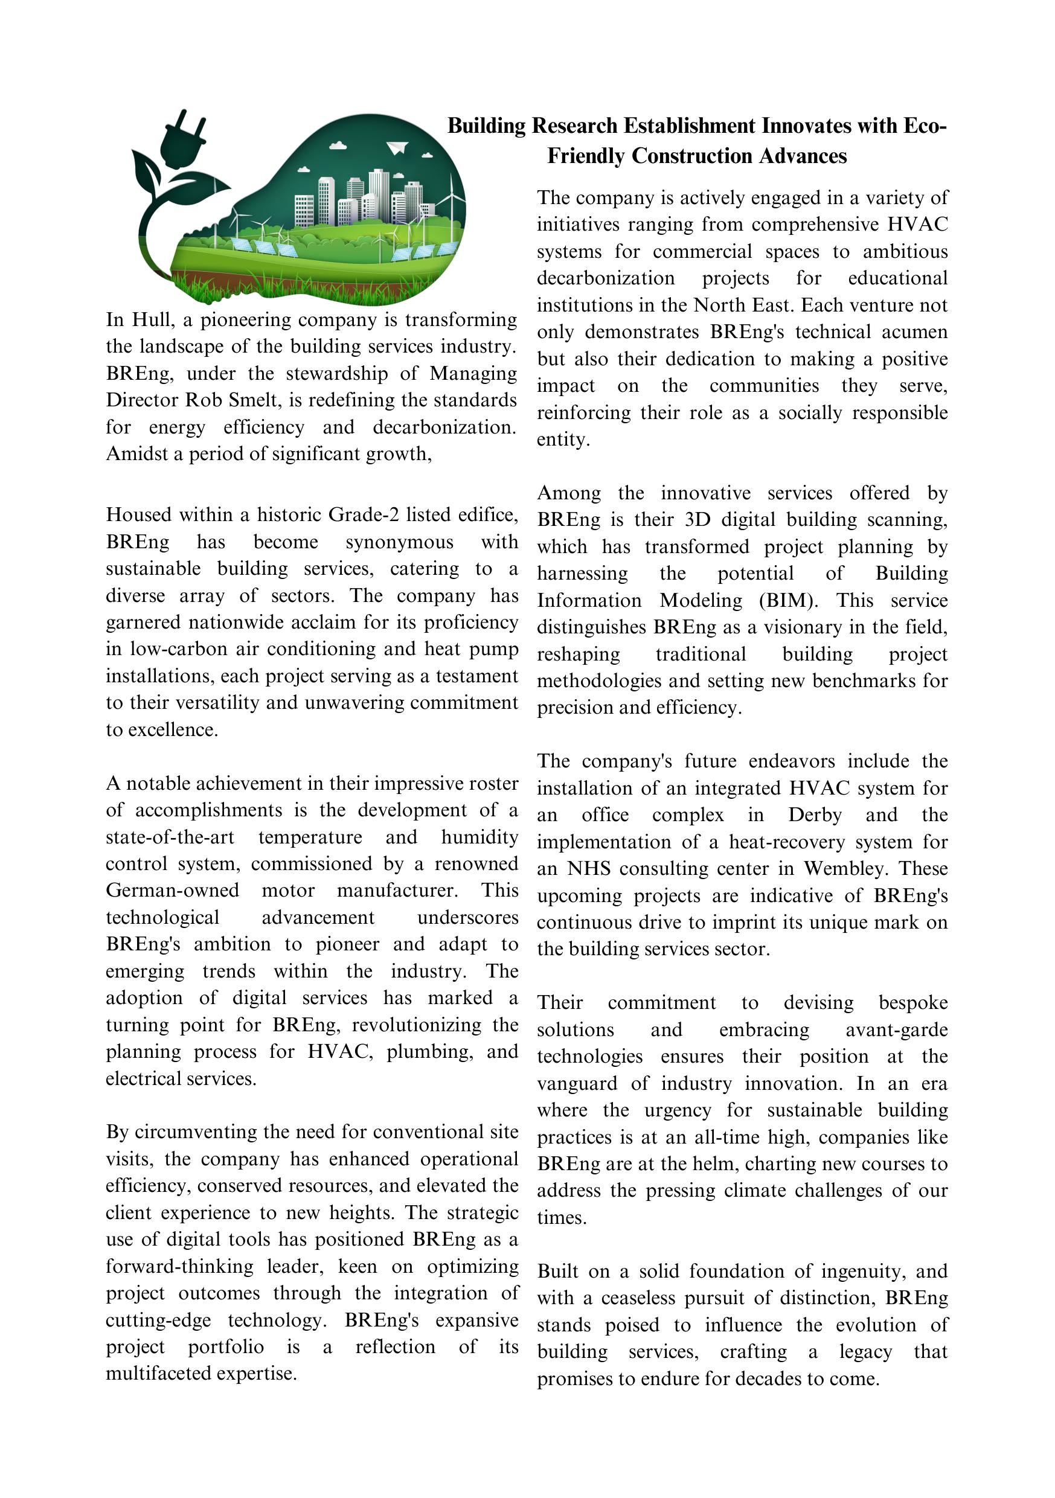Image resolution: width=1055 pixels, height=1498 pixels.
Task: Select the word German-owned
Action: click(172, 891)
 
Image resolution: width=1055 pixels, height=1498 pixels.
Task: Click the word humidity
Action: click(479, 837)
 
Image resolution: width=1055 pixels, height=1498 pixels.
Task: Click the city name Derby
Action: click(815, 815)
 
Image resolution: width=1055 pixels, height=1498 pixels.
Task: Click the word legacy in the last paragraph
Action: click(865, 1352)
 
